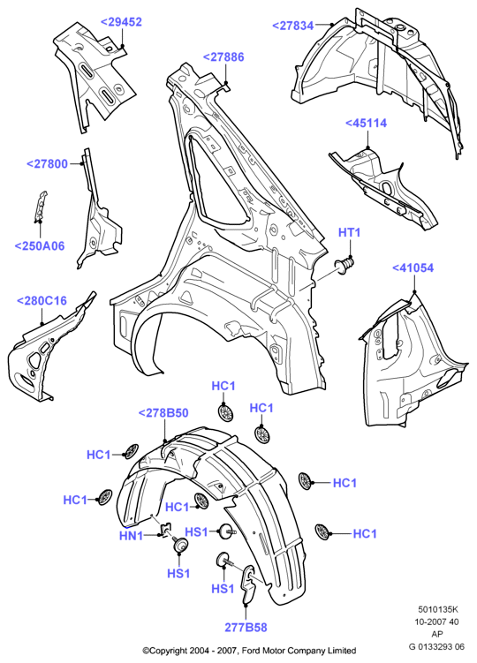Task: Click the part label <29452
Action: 121,22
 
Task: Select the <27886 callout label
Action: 223,57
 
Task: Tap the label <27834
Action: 293,26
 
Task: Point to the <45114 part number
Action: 366,123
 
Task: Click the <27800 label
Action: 48,164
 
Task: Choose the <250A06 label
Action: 40,245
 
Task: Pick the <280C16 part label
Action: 42,301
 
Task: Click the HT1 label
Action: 349,232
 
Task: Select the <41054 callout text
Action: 413,268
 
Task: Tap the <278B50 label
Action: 163,413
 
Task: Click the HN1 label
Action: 132,536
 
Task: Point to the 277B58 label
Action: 246,627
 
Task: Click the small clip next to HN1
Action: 165,529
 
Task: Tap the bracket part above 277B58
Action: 249,583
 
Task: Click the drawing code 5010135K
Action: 438,609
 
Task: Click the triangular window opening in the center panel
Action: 216,186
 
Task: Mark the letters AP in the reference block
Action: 437,634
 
